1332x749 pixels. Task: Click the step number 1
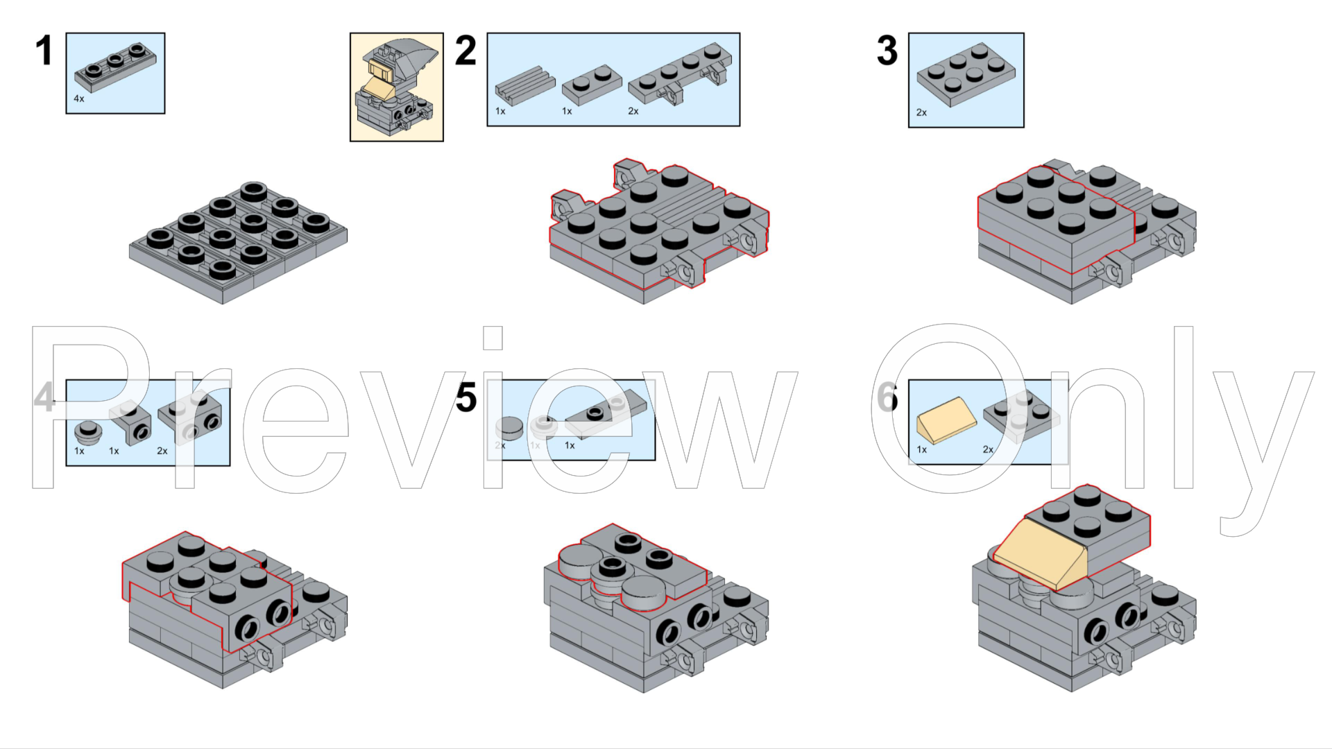point(44,51)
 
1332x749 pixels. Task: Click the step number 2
point(466,51)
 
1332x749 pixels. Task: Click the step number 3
point(887,51)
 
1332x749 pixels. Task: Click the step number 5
point(466,398)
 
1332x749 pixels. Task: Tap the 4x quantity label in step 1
point(79,99)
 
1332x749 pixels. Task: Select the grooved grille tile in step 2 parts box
point(525,82)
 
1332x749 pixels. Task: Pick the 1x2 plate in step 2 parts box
point(591,85)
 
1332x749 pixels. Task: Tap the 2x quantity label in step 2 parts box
point(633,111)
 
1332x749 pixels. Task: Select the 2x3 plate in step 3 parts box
point(965,75)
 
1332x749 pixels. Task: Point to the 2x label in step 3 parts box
point(921,112)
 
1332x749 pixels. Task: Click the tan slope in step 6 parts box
point(946,420)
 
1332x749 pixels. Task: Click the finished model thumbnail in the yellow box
point(396,87)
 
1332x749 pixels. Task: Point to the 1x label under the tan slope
point(922,449)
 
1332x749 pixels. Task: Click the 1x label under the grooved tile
point(500,111)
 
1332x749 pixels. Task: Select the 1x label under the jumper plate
point(570,445)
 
